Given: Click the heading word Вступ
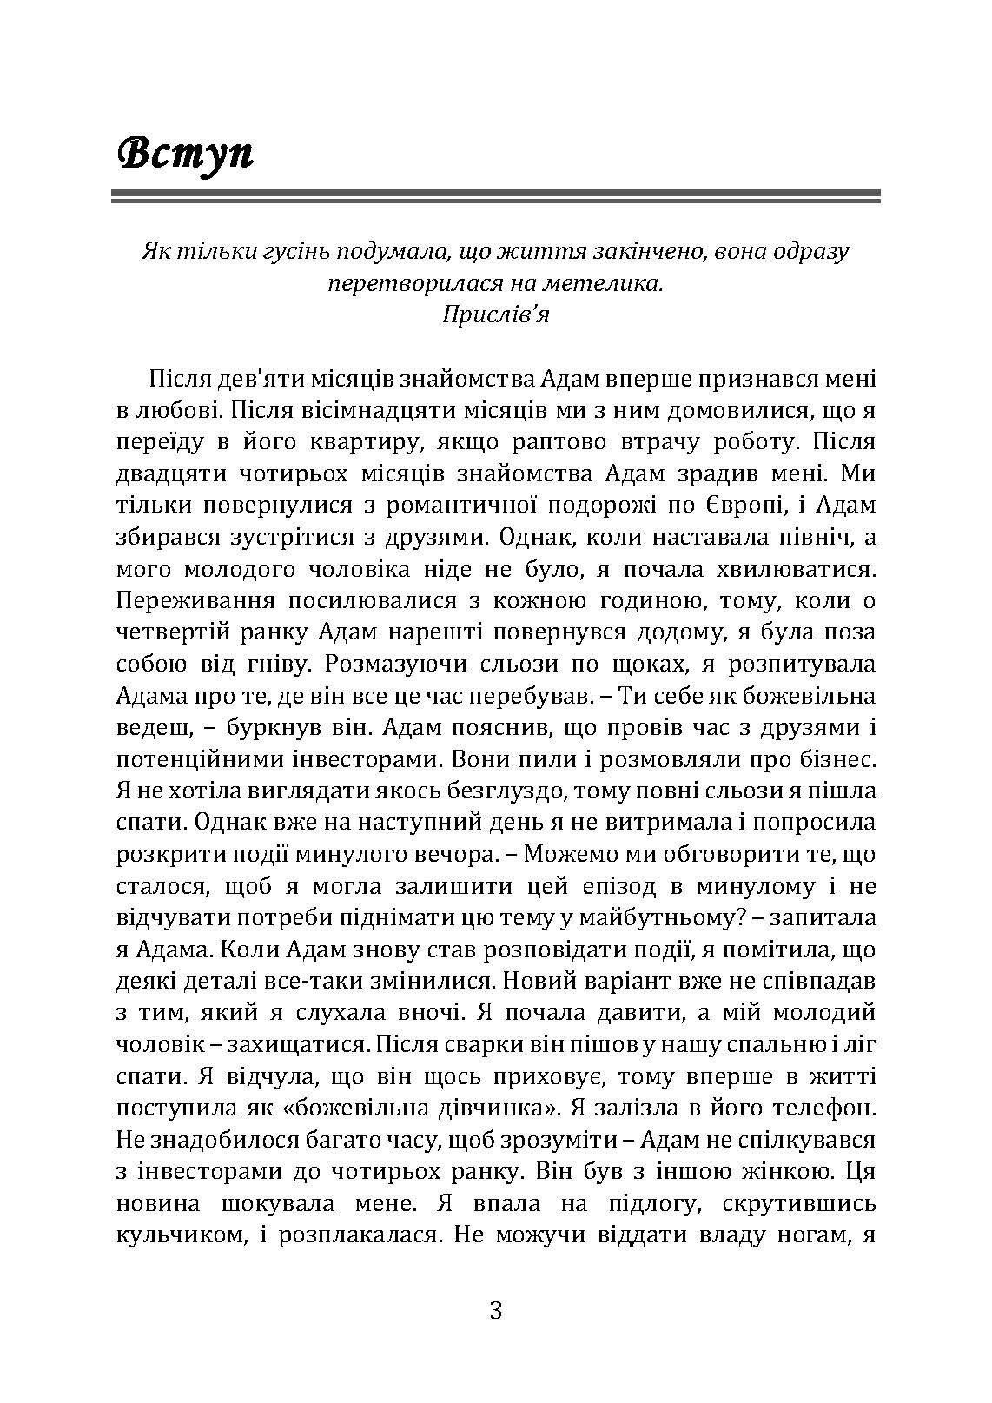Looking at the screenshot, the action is pyautogui.click(x=185, y=153).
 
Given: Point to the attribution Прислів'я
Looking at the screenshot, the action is pyautogui.click(x=496, y=314).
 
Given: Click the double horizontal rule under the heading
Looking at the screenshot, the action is pyautogui.click(x=496, y=197).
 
